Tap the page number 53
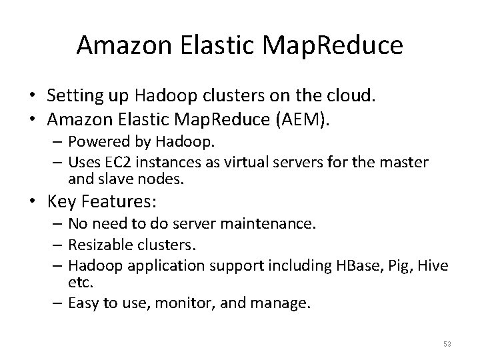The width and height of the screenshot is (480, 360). [x=447, y=344]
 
